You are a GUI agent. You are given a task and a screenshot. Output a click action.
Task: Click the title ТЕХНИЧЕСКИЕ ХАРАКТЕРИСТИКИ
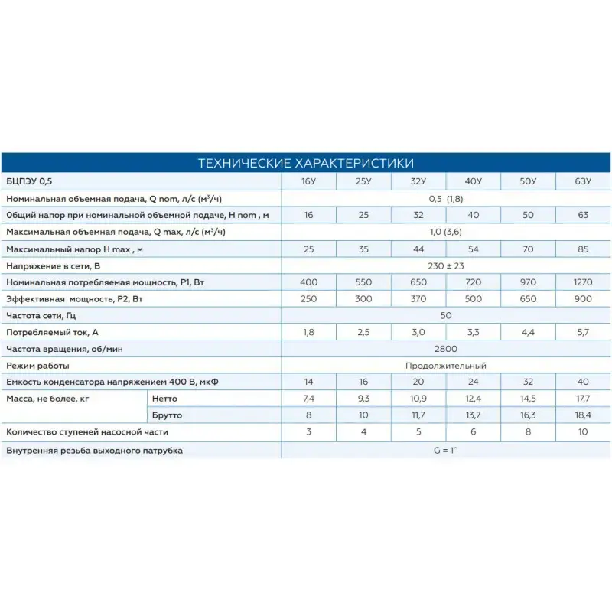pos(306,163)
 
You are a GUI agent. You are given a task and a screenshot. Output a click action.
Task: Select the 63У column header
pos(583,182)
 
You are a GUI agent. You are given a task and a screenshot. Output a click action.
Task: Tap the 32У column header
pos(418,182)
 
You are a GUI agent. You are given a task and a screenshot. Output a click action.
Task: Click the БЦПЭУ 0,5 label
pos(31,182)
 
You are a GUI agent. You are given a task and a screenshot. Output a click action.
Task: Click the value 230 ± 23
pos(446,266)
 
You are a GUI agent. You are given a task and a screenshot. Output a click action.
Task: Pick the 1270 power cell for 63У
pos(583,282)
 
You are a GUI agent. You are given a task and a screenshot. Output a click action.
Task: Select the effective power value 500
pos(474,299)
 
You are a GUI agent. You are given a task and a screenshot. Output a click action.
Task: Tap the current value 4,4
pos(528,333)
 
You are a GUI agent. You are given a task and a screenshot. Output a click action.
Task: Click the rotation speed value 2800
pos(446,349)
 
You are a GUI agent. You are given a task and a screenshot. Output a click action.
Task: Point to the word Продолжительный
pos(446,366)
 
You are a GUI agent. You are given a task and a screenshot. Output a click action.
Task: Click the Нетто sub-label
pos(166,399)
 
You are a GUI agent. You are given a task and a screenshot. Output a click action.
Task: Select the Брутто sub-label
pos(169,415)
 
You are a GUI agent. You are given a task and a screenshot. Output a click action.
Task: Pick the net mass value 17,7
pos(583,399)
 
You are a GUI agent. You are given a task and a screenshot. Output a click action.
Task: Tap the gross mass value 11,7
pos(418,415)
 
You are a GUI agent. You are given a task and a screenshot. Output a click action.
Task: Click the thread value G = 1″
pos(446,450)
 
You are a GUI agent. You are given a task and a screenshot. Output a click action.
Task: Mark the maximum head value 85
pos(583,249)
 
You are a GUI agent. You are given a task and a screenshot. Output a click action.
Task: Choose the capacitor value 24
pos(474,382)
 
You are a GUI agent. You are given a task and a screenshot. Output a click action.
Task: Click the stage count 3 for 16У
pos(308,432)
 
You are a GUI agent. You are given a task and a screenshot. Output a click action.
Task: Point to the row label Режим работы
pos(37,366)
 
